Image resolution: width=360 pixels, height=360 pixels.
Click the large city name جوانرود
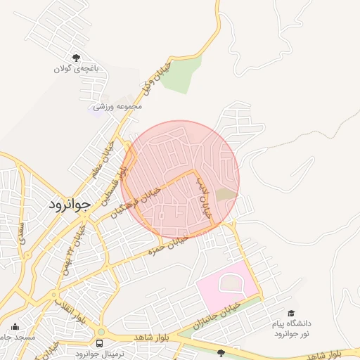(70, 205)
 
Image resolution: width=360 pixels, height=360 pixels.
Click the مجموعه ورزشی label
(119, 106)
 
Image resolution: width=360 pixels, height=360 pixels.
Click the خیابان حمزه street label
(167, 246)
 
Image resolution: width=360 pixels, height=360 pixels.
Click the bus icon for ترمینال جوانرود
(99, 343)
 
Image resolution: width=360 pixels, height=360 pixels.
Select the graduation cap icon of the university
(290, 313)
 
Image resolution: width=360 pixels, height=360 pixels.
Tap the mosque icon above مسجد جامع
(15, 326)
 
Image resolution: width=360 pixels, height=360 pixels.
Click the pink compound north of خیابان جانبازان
(227, 286)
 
